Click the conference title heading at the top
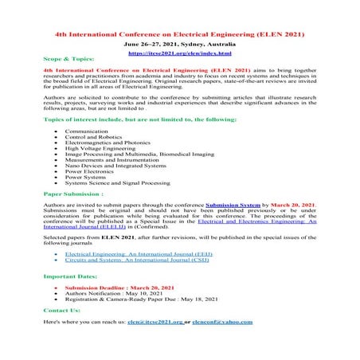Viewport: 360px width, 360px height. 180,37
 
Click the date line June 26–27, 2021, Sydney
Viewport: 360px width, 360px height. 180,47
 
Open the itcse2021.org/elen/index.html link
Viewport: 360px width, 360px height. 180,56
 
